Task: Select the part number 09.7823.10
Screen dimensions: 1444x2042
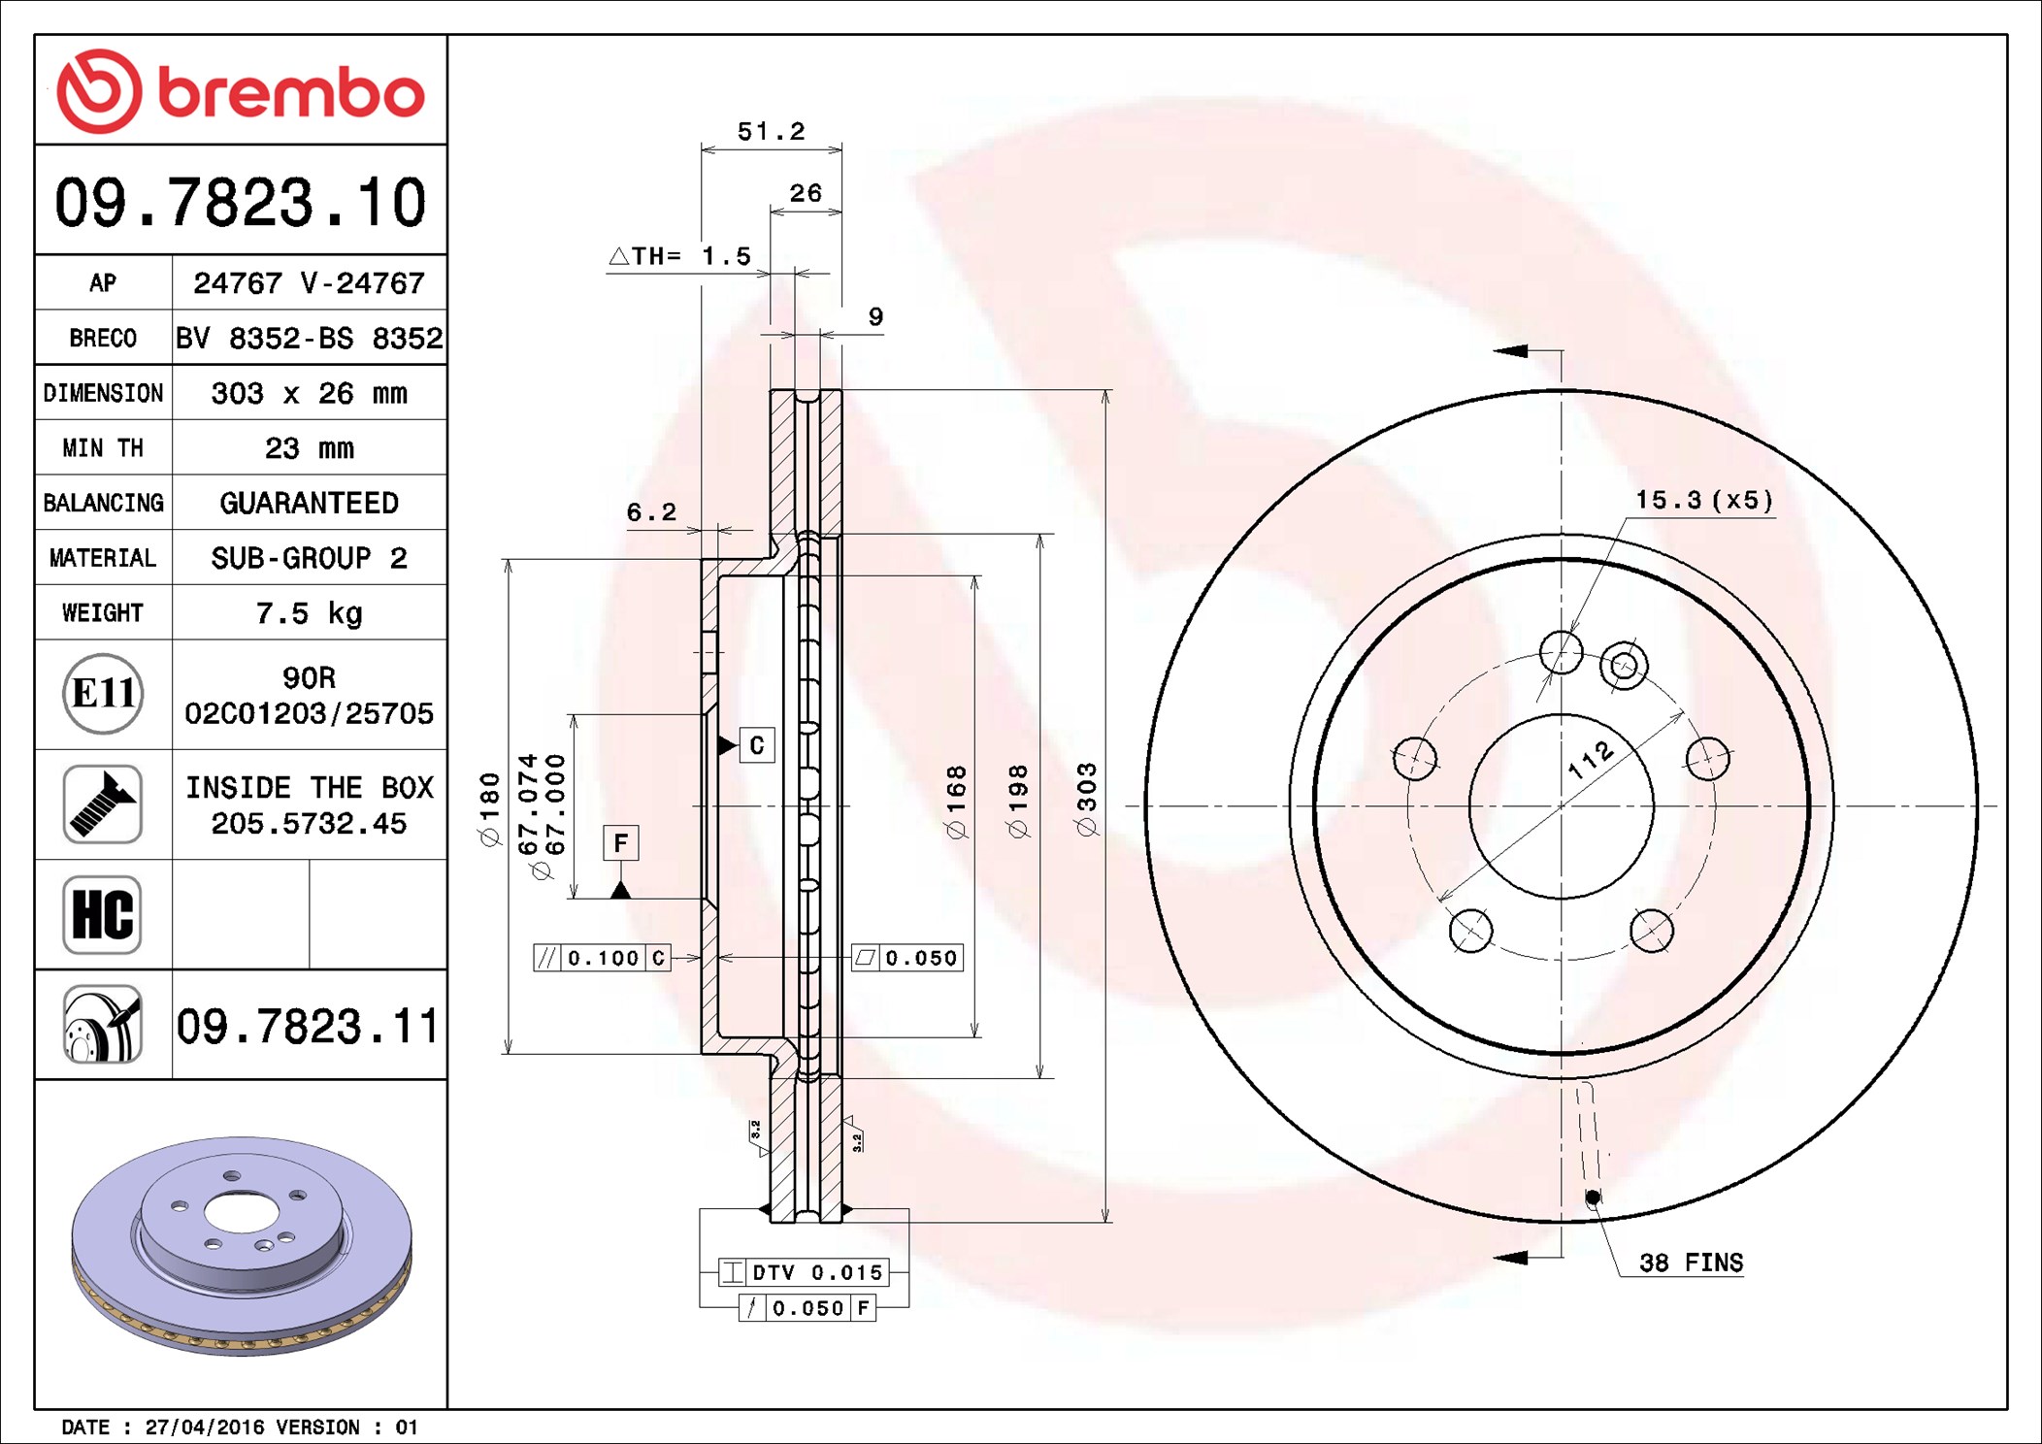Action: (240, 203)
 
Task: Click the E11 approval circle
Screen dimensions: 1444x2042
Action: (103, 694)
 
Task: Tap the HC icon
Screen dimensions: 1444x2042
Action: (103, 914)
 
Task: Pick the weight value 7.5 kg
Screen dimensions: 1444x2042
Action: (309, 613)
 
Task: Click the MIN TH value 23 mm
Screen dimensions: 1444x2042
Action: (309, 448)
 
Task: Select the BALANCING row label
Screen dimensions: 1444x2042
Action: (103, 503)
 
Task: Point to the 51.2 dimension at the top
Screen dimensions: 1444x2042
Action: (771, 131)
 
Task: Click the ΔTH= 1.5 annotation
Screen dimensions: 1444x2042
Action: (680, 256)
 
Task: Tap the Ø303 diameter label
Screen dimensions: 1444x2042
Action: (1086, 799)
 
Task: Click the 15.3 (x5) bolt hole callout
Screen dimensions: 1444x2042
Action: (1703, 501)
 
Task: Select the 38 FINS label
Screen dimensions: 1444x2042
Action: (1691, 1263)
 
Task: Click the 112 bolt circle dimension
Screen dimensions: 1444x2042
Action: (1591, 760)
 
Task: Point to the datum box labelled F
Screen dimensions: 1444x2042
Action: (620, 842)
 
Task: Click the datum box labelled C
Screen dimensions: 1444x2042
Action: (757, 745)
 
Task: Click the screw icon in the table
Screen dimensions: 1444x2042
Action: (103, 804)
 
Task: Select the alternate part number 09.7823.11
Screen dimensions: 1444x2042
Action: (308, 1026)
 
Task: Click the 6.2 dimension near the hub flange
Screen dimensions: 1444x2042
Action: (650, 512)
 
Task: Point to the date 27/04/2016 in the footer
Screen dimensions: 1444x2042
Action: (205, 1428)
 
